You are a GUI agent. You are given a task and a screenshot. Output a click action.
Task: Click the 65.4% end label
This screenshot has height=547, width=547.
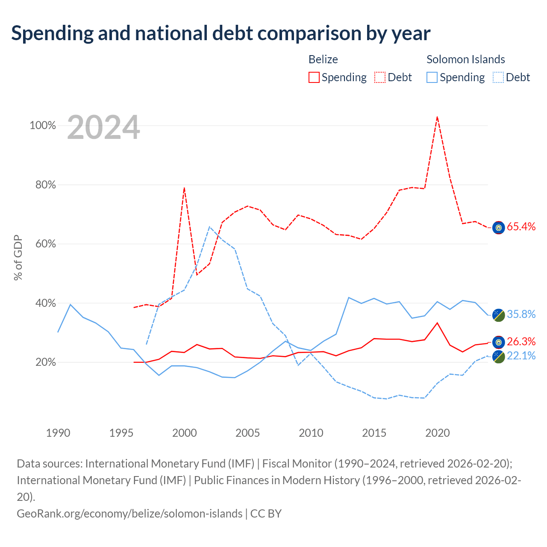coord(521,226)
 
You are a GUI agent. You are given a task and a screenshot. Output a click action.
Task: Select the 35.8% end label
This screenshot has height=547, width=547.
coord(521,314)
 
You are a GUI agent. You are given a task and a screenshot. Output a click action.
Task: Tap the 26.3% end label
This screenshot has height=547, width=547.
coord(521,341)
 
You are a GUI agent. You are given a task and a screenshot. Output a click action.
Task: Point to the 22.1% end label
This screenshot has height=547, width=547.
coord(521,356)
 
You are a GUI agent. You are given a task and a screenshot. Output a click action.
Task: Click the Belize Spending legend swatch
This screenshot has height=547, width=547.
coord(314,77)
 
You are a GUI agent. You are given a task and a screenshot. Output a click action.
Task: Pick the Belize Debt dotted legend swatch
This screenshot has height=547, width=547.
coord(379,77)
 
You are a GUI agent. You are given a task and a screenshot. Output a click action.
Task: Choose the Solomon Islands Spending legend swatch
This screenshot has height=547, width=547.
coord(432,77)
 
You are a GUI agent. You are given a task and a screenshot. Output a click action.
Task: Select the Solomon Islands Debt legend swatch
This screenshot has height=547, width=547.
coord(498,77)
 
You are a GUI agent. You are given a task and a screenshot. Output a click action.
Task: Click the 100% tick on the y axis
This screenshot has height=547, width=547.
coord(43,125)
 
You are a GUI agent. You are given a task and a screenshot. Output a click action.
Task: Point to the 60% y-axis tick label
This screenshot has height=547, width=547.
coord(45,244)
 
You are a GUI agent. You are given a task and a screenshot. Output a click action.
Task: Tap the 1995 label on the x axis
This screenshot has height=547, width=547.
coord(121,433)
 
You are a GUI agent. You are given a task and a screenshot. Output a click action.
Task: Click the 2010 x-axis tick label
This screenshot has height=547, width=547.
coord(311,433)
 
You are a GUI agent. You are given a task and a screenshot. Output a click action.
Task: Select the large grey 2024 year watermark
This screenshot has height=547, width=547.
coord(103,127)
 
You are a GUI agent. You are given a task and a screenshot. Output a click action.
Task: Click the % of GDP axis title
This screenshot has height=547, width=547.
coord(18,257)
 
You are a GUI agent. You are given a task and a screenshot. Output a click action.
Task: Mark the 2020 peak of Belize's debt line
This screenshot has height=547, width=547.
coord(437,117)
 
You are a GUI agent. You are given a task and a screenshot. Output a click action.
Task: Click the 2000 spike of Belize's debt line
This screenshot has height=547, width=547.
coord(184,188)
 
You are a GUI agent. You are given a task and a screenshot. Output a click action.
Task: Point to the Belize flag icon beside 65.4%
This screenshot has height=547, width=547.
coord(498,227)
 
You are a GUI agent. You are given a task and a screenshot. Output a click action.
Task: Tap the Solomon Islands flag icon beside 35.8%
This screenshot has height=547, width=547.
coord(498,315)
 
